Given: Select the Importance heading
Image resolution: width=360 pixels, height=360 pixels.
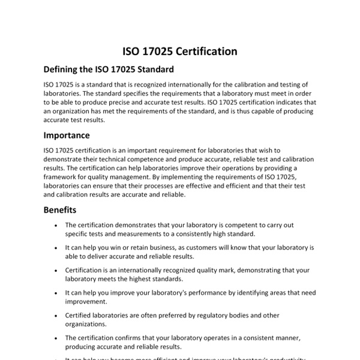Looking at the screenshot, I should [x=67, y=135].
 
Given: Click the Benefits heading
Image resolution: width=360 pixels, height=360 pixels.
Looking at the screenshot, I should [x=60, y=210].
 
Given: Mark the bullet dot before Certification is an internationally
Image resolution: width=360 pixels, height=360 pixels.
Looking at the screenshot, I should [x=55, y=270].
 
